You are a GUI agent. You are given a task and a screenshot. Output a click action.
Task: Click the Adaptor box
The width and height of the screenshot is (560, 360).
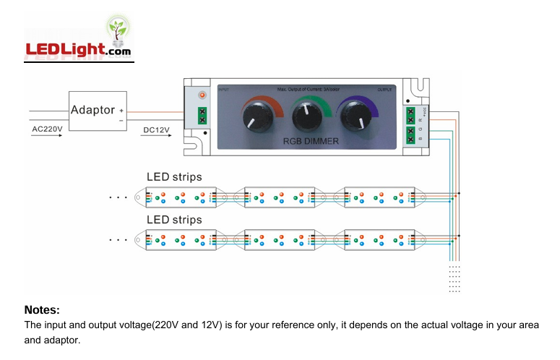98,111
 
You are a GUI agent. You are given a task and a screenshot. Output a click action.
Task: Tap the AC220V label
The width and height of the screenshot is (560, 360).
48,129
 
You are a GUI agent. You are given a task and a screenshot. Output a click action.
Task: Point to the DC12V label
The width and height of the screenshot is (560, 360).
156,129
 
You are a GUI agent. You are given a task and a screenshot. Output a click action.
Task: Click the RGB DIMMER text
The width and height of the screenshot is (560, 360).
310,141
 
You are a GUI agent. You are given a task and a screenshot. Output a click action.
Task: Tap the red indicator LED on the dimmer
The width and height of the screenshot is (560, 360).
202,95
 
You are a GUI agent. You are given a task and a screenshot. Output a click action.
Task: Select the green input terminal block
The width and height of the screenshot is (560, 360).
202,115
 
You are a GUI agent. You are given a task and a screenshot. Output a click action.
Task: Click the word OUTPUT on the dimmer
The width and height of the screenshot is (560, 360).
385,90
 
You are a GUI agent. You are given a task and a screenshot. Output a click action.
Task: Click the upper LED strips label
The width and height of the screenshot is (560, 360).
174,176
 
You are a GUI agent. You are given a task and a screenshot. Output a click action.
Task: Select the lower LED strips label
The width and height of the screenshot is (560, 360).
174,219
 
